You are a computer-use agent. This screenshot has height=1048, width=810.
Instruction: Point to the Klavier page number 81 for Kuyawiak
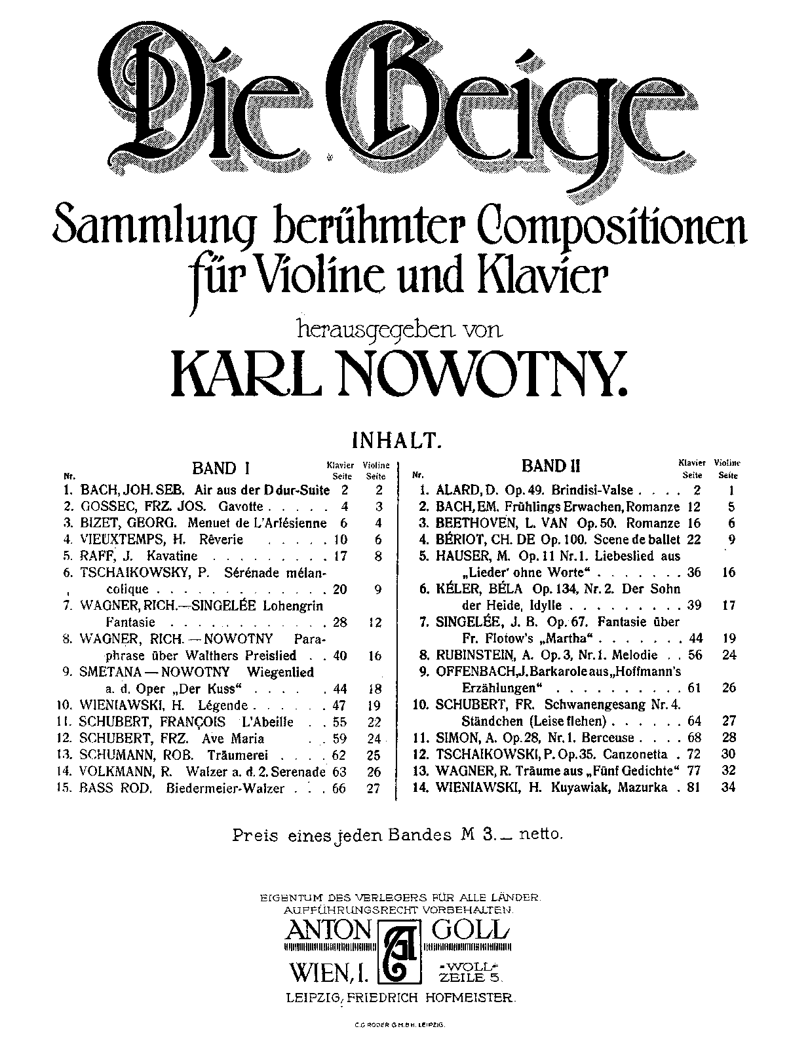pyautogui.click(x=694, y=788)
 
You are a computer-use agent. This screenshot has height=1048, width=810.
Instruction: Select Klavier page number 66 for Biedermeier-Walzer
pyautogui.click(x=339, y=789)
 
